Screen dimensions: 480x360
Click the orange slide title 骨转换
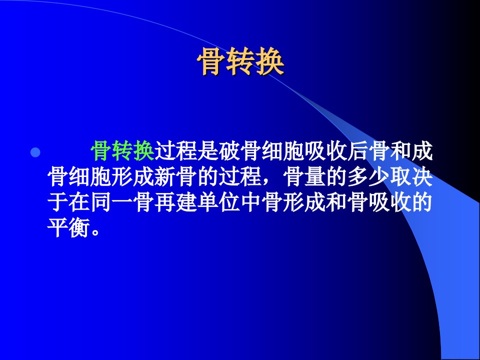point(240,61)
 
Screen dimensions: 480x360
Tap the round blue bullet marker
point(35,152)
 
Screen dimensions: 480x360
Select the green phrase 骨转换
point(122,151)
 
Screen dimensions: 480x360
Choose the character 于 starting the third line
point(58,202)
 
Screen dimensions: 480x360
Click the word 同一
point(111,202)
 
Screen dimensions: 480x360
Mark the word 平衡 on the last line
point(68,228)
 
